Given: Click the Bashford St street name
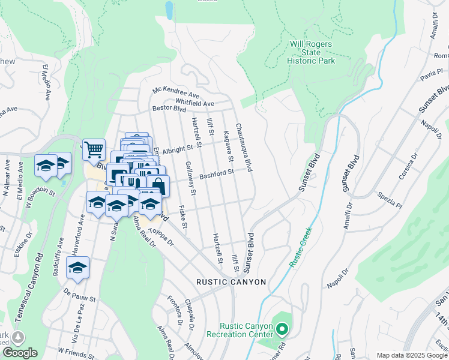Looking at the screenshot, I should click(216, 173).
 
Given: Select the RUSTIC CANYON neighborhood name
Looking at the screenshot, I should click(231, 281).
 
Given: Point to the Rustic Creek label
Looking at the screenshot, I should click(300, 247).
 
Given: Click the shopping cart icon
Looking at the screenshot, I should click(94, 149).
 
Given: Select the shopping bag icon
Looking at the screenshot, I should click(158, 185).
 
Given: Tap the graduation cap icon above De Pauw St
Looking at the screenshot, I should click(77, 268).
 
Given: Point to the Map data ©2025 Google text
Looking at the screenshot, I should click(411, 355).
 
